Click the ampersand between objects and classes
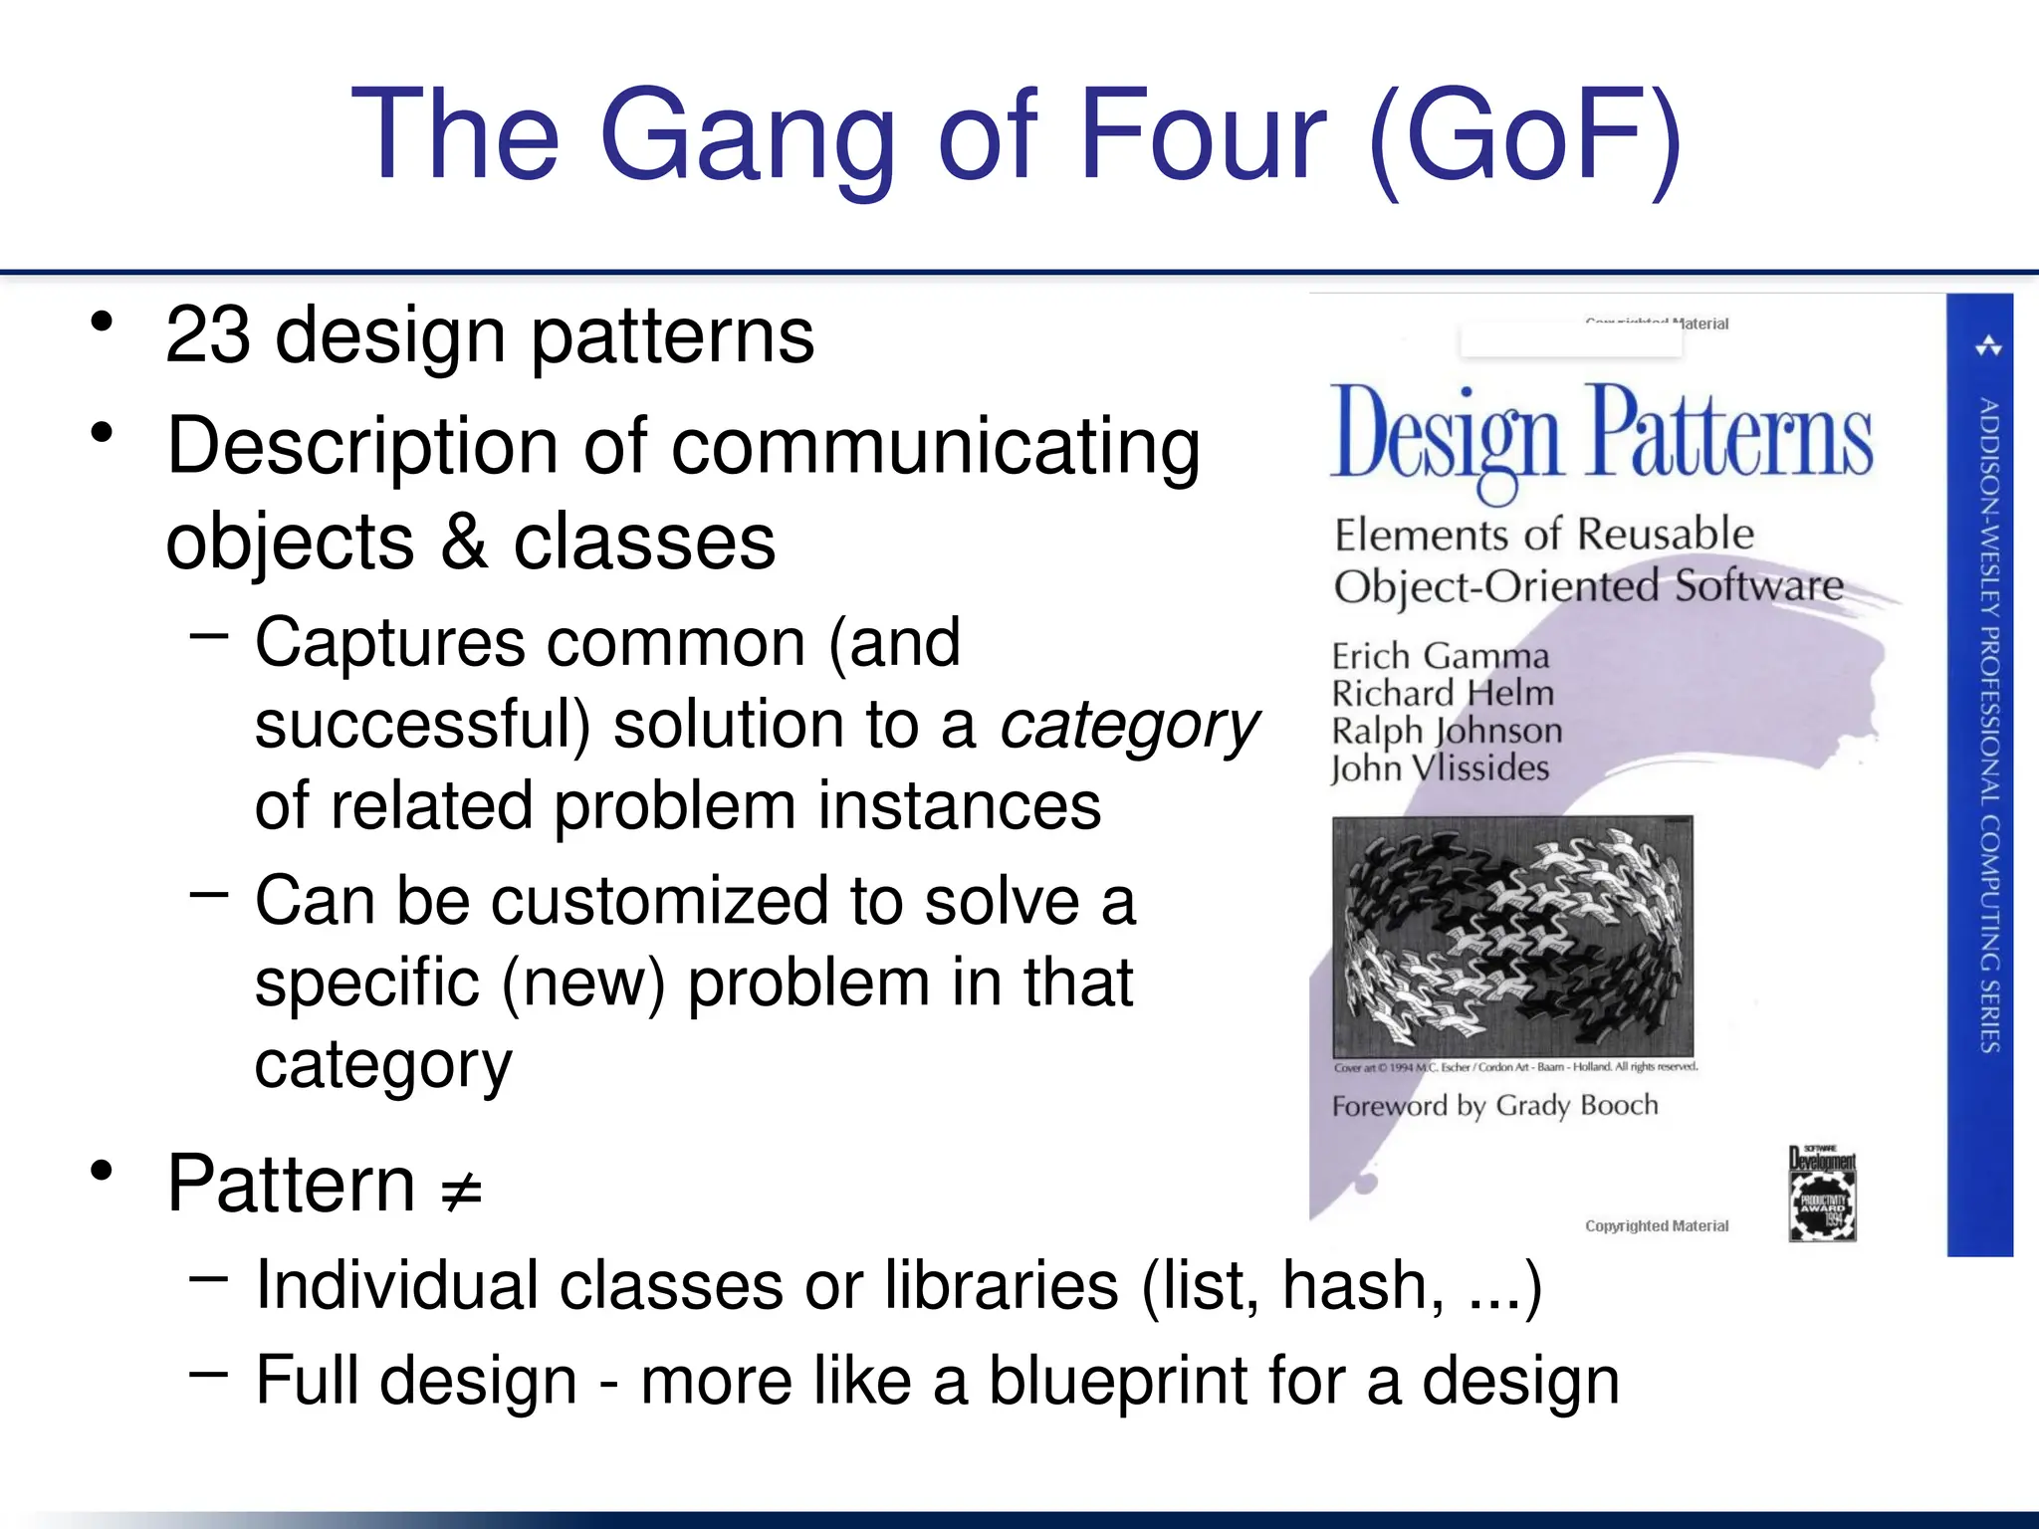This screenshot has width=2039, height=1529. point(464,543)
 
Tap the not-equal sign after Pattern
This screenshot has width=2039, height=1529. point(462,1189)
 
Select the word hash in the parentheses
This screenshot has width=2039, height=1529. point(1362,1286)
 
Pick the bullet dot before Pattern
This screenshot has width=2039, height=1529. point(102,1171)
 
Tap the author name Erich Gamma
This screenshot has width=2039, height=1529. point(1441,656)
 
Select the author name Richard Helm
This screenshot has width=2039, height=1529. point(1443,693)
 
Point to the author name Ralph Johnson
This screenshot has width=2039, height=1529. point(1447,731)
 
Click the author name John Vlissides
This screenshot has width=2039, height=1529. point(1440,768)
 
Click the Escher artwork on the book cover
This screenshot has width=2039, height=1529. point(1512,936)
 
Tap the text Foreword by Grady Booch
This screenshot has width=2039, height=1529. point(1494,1105)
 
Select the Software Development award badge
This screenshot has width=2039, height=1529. point(1822,1194)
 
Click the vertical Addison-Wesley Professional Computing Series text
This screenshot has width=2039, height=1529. point(1989,725)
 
